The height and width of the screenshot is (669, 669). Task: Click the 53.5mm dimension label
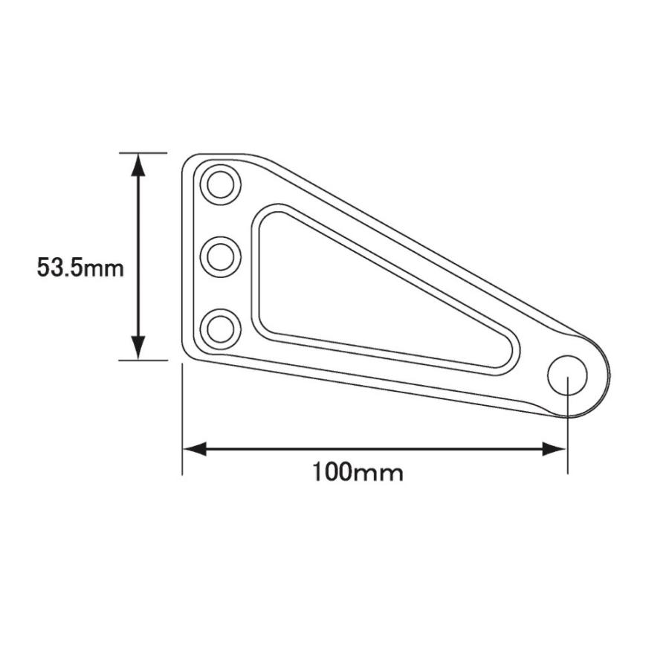[80, 268]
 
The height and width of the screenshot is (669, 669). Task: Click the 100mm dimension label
[358, 472]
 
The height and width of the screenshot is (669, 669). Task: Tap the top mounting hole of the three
[221, 185]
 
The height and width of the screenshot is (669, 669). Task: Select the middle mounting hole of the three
[221, 257]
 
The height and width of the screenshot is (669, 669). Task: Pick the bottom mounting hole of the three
[221, 329]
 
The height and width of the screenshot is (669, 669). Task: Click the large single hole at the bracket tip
[567, 375]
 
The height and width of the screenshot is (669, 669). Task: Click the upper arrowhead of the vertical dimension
[138, 164]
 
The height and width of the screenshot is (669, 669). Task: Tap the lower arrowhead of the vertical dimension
[138, 348]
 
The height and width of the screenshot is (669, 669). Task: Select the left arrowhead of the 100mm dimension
[195, 449]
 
